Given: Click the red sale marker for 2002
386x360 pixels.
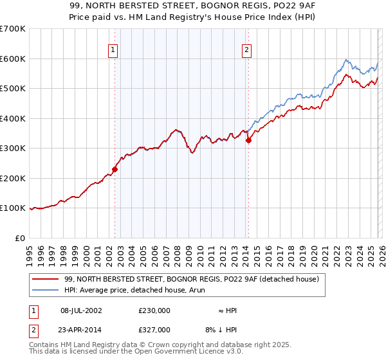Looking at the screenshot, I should coord(115,170).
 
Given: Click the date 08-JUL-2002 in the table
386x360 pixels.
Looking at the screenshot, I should coord(82,310).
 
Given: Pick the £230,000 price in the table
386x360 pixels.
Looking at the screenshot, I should coord(154,310).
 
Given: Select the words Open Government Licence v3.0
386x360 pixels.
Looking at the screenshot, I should coord(196,352).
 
